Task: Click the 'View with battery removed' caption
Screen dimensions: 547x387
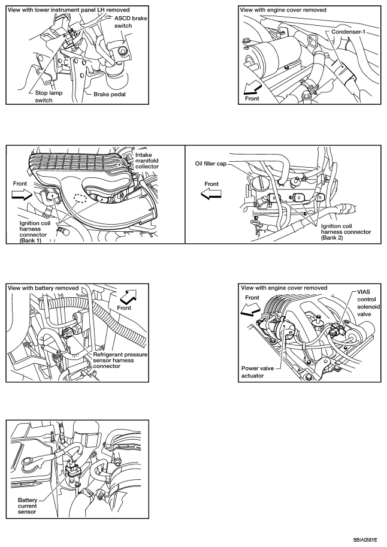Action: [x=43, y=288]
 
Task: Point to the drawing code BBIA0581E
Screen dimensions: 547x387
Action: [x=365, y=539]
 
